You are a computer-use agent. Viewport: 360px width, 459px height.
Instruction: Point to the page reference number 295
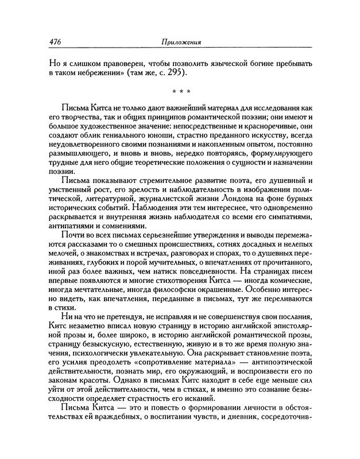tap(180, 74)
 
